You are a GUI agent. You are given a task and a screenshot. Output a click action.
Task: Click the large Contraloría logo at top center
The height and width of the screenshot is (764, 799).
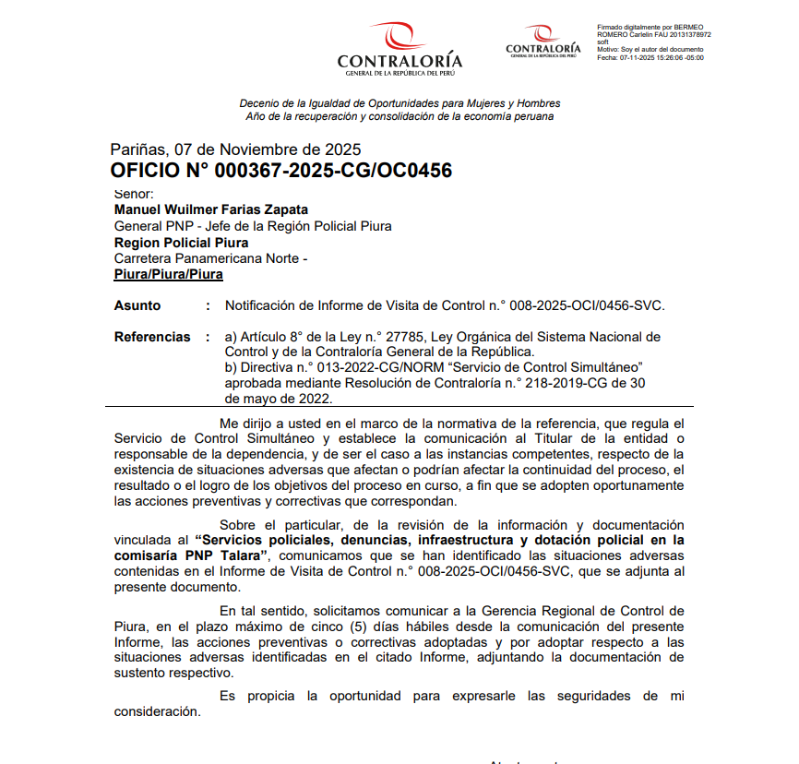(x=399, y=49)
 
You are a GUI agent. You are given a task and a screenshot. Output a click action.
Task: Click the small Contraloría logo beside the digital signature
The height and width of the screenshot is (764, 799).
(x=543, y=42)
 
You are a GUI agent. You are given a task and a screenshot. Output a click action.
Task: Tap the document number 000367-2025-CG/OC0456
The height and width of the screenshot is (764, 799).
(x=333, y=171)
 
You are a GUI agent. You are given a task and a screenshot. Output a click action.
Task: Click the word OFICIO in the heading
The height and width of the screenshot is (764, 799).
(x=148, y=171)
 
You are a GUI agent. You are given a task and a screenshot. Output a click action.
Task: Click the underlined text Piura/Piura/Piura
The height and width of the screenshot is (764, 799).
(x=168, y=274)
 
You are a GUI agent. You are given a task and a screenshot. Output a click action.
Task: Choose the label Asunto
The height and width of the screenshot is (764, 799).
(x=137, y=305)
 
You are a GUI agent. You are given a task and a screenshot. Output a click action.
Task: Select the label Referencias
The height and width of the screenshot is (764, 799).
(x=152, y=337)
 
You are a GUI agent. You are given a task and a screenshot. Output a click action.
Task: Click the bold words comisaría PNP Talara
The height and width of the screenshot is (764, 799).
(x=190, y=556)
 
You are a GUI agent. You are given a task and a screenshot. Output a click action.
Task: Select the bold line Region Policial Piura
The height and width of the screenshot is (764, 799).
(x=181, y=243)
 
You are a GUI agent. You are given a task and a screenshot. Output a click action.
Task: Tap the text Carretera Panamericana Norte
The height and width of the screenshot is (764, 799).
(x=207, y=258)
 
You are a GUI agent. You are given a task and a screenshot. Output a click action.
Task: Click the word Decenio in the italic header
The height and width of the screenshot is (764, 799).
(x=260, y=103)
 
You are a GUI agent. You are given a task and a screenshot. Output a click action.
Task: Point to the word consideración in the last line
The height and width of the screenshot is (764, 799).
(x=155, y=711)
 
